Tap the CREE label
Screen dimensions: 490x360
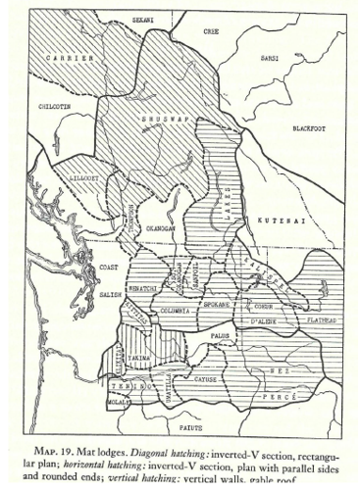tap(211, 31)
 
